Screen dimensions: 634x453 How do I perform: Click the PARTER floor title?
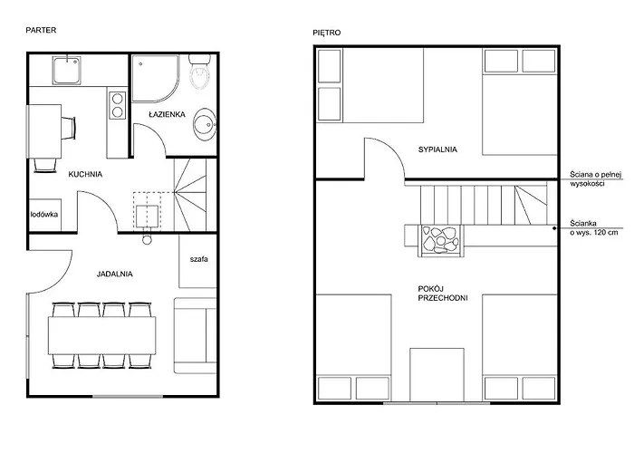pos(41,30)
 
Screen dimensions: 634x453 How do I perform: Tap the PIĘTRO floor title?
pos(327,33)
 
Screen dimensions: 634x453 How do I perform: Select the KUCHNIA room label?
pos(85,174)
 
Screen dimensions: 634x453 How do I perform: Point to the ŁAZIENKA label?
pos(167,114)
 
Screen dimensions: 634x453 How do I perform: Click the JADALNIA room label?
pos(114,274)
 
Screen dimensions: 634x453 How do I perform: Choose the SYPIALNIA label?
pos(437,149)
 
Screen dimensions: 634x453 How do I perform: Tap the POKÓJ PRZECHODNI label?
pos(443,294)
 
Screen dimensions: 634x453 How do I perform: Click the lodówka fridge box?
pos(45,216)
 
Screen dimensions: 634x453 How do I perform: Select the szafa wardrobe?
pos(198,261)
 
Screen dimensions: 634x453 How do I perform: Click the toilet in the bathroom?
pos(200,72)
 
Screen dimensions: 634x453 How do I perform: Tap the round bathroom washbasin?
pos(205,124)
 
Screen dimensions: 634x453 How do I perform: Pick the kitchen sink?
pos(66,71)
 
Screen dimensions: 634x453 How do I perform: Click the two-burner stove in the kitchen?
pos(117,105)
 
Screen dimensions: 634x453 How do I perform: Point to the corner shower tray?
pos(155,78)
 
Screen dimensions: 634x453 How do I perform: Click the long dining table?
pos(101,335)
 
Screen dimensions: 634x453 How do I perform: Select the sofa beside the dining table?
pos(196,335)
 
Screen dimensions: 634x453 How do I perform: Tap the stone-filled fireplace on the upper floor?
pos(441,241)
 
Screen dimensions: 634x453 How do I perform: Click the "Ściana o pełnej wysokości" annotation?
pos(596,178)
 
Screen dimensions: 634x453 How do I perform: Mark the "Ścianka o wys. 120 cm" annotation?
pos(594,227)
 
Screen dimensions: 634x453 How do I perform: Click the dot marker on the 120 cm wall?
pos(554,228)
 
